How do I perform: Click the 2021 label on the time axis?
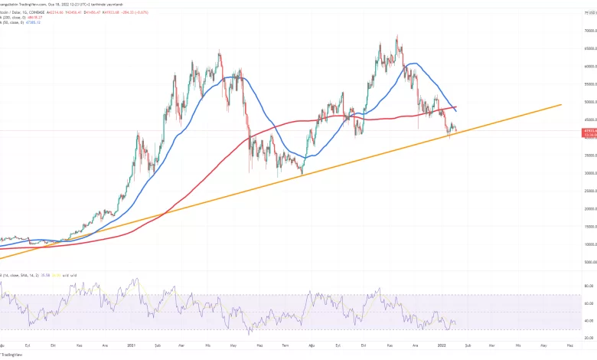click(x=132, y=345)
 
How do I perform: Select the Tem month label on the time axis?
click(x=285, y=345)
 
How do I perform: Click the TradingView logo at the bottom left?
click(x=11, y=355)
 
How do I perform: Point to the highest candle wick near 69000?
click(x=396, y=35)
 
